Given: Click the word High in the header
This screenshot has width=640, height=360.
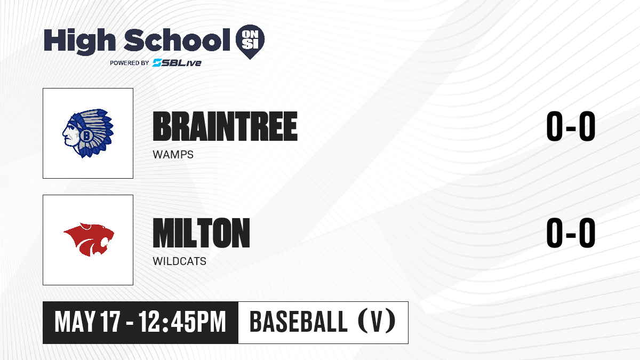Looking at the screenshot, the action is [79, 41].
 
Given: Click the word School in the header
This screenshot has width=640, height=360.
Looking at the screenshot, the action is [177, 39].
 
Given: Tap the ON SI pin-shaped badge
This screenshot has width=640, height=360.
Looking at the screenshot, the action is [250, 41].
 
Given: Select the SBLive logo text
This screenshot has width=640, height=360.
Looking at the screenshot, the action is [177, 63].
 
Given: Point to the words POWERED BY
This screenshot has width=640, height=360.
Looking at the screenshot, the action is [130, 63].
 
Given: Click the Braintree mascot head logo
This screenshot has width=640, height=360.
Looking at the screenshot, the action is [88, 133].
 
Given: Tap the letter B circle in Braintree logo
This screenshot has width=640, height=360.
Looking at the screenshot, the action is [86, 135].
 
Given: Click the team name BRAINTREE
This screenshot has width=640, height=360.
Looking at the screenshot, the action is [225, 126].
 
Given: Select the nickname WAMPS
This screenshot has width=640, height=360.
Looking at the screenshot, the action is [173, 155].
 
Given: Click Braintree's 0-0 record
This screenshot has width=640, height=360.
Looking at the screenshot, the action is [571, 126].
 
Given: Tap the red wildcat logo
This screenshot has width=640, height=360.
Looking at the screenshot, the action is [89, 239].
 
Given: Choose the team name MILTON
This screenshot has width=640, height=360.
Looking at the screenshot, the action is [202, 233].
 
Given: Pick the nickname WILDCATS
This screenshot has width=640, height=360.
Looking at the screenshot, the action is [179, 261].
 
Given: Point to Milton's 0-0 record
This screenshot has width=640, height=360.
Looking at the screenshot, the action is [571, 233].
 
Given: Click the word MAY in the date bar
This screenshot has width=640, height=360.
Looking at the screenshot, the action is [75, 322].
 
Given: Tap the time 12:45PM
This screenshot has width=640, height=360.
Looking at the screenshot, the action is [182, 322].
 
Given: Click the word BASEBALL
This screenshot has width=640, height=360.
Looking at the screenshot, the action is [299, 322].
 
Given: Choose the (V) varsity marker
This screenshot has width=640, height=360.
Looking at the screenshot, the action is [377, 321].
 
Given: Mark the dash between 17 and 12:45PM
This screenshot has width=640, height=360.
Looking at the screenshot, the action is [130, 323].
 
